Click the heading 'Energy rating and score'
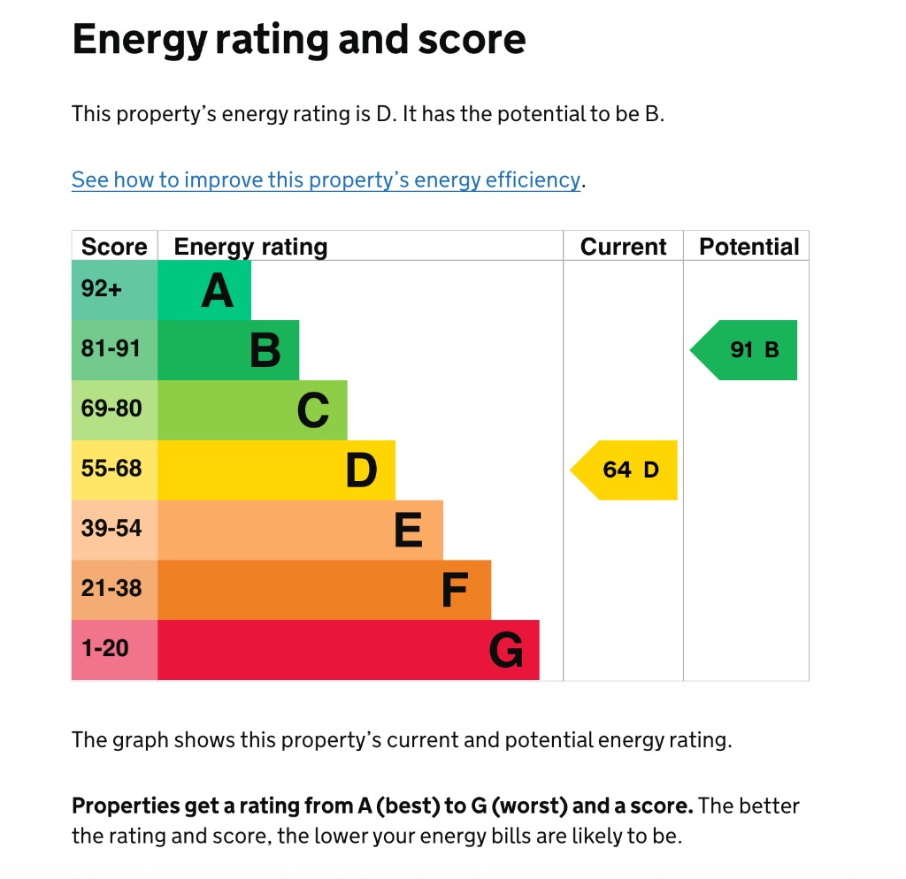click(298, 40)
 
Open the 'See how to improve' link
click(326, 180)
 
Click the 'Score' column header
click(114, 247)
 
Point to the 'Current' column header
click(623, 247)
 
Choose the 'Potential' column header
click(749, 247)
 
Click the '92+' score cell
click(102, 289)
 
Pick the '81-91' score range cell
click(111, 349)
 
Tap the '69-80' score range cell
click(111, 409)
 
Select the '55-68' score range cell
click(111, 469)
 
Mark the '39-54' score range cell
click(111, 529)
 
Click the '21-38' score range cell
click(111, 589)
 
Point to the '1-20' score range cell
click(104, 649)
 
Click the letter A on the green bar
click(217, 291)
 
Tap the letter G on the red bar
click(506, 652)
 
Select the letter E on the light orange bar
click(408, 531)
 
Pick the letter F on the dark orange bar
click(454, 592)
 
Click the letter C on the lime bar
click(313, 411)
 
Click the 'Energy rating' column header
click(250, 247)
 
